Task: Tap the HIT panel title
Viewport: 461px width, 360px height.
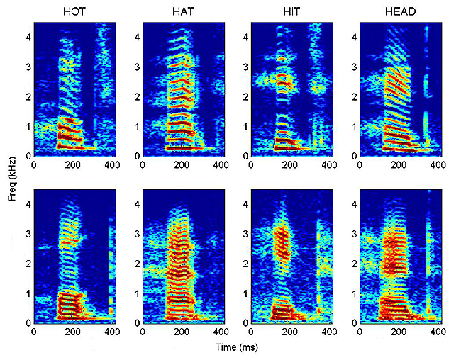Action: [x=291, y=11]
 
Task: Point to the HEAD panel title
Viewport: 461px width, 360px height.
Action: [x=399, y=11]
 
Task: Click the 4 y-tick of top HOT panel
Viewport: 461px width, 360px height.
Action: [x=28, y=37]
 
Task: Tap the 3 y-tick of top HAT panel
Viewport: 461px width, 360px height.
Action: [x=137, y=67]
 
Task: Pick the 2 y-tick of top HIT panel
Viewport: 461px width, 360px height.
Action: [x=245, y=96]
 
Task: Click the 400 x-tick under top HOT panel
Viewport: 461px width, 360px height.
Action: [x=111, y=164]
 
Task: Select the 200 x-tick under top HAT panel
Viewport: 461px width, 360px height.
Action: [x=182, y=164]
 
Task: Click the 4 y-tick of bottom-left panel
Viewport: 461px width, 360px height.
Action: [x=28, y=204]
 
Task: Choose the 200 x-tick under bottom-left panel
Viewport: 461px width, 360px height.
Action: [x=72, y=332]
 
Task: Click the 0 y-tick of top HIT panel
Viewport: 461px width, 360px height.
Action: [x=245, y=155]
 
